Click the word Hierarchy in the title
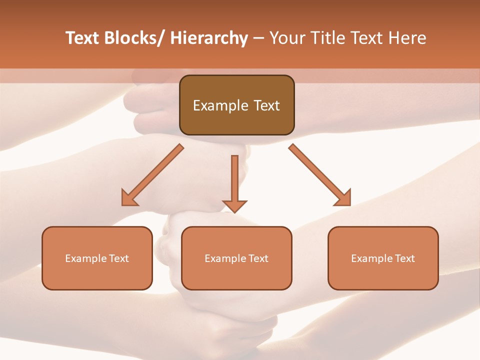209,38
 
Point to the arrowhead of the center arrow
234,205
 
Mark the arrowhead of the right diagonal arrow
343,198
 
